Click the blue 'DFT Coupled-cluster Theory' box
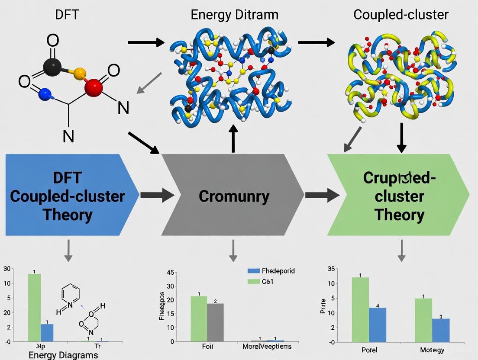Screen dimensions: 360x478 pyautogui.click(x=67, y=196)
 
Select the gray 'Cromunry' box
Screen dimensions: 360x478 pyautogui.click(x=234, y=196)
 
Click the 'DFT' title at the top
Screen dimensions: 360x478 pyautogui.click(x=67, y=14)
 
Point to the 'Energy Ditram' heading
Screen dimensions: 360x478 pyautogui.click(x=235, y=14)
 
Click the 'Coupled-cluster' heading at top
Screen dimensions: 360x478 pyautogui.click(x=401, y=14)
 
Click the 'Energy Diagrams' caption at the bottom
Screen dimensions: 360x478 pyautogui.click(x=63, y=355)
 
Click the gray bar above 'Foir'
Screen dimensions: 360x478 pyautogui.click(x=215, y=322)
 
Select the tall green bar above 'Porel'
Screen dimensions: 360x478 pyautogui.click(x=360, y=309)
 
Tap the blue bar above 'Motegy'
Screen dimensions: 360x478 pyautogui.click(x=441, y=330)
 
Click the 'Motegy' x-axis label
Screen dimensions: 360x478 pyautogui.click(x=432, y=350)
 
